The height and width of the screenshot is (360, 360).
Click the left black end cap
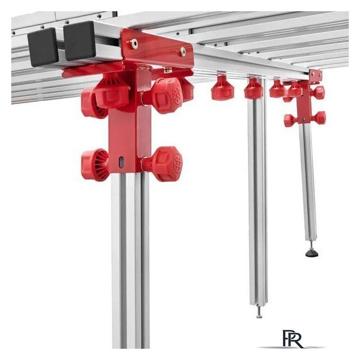(x=43, y=47)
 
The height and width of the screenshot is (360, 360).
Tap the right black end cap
(x=79, y=41)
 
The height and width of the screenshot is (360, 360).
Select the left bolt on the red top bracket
(x=133, y=43)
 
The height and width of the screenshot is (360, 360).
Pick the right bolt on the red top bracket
(x=182, y=52)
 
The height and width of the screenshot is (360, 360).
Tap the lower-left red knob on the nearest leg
(x=95, y=165)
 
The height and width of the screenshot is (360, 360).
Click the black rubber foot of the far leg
(x=312, y=253)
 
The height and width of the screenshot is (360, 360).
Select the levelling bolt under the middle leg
(x=259, y=312)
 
